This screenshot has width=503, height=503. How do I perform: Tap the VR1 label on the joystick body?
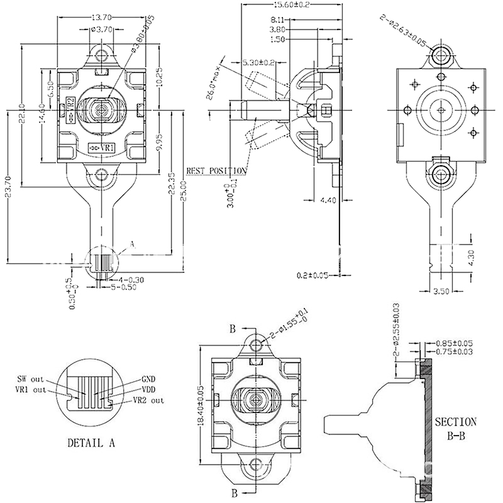click(102, 148)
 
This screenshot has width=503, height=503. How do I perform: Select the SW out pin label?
click(31, 380)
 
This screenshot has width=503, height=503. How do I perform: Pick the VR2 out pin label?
click(148, 400)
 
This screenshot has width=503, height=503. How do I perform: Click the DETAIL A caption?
click(91, 442)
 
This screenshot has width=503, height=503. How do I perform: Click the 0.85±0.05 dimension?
click(454, 343)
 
